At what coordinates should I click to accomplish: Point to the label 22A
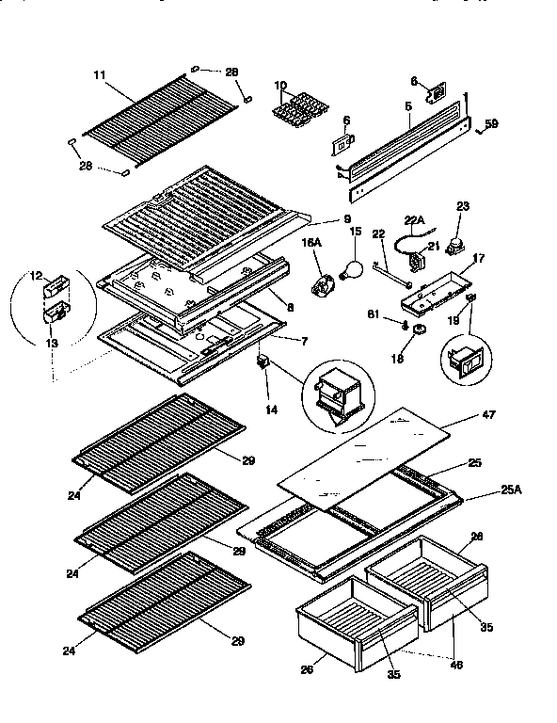coord(413,220)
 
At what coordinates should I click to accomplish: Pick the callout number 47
coord(488,413)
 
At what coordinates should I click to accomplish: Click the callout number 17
coord(479,258)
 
